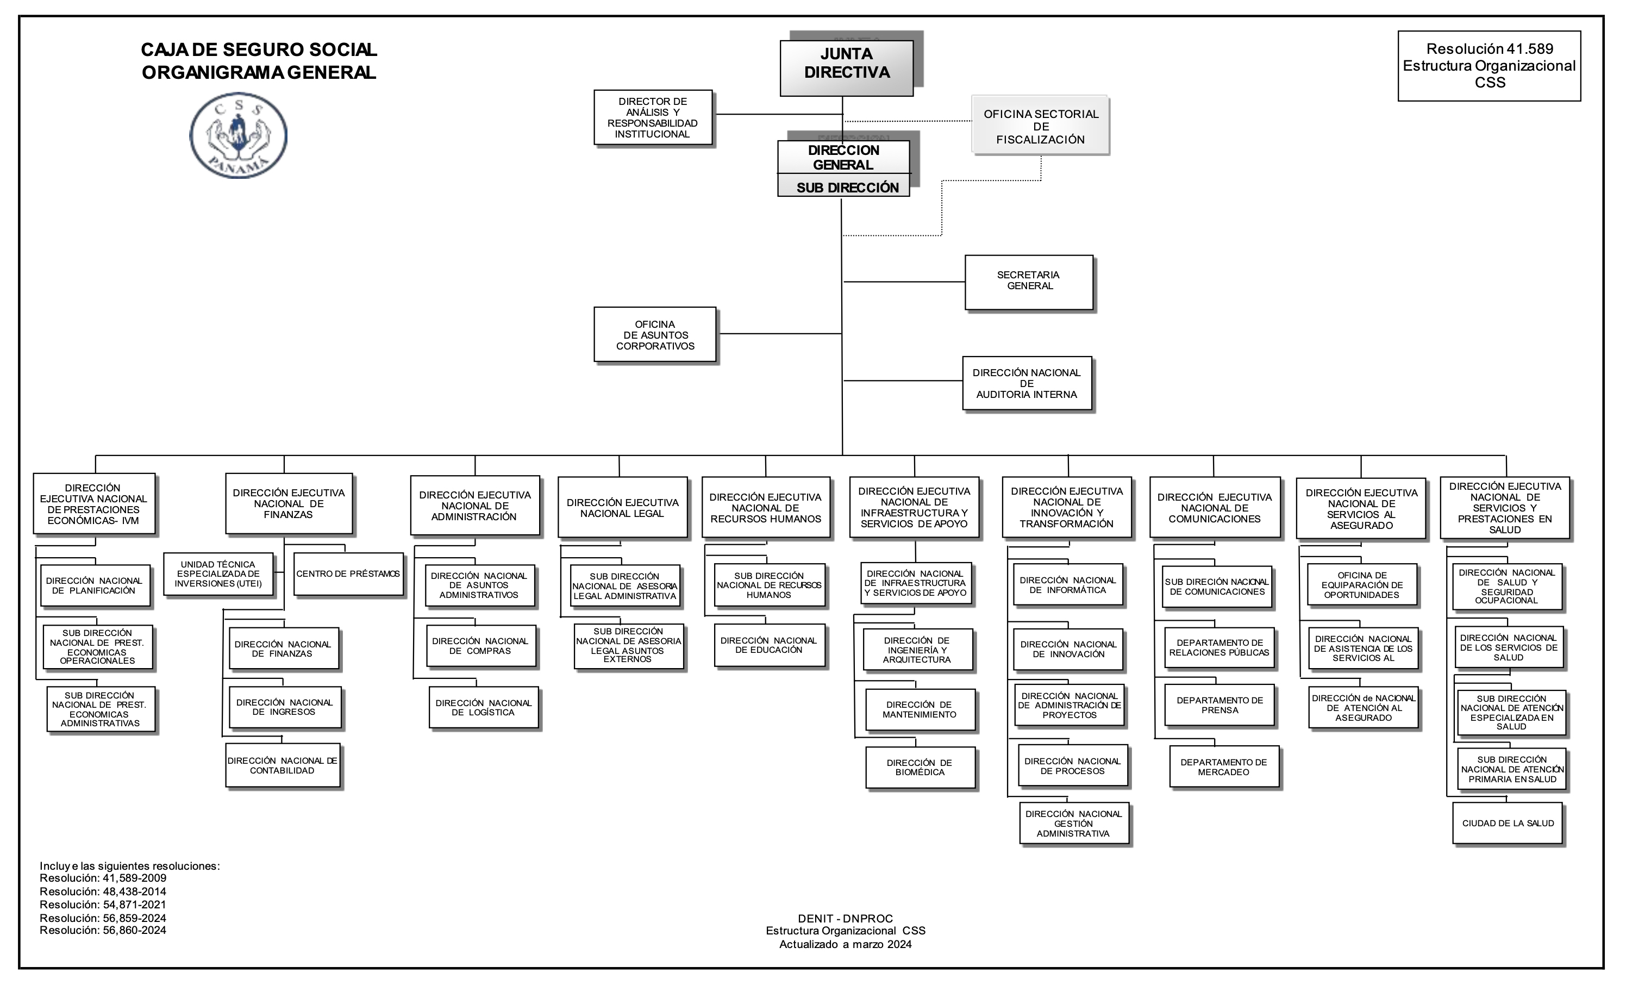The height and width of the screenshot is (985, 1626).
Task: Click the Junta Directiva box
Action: pyautogui.click(x=847, y=68)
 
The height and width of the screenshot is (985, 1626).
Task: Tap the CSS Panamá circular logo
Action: pyautogui.click(x=238, y=135)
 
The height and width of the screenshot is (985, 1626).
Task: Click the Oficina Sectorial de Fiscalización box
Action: pyautogui.click(x=1040, y=126)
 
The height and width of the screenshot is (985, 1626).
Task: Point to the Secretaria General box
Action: pyautogui.click(x=1029, y=283)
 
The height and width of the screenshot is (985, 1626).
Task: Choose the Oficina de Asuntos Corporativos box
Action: pyautogui.click(x=655, y=335)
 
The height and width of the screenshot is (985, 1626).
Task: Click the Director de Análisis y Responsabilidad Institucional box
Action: pyautogui.click(x=653, y=117)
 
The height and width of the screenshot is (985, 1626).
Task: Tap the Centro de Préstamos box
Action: pyautogui.click(x=348, y=573)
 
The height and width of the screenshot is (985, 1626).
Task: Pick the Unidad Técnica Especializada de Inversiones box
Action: pyautogui.click(x=218, y=573)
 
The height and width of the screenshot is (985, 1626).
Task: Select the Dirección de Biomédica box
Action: pyautogui.click(x=920, y=768)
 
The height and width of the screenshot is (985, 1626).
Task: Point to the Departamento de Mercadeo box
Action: pyautogui.click(x=1224, y=767)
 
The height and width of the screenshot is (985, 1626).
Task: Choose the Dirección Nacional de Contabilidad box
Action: pyautogui.click(x=283, y=766)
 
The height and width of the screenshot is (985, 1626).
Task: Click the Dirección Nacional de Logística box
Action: pyautogui.click(x=484, y=708)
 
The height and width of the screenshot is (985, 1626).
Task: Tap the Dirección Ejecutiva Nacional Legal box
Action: pyautogui.click(x=622, y=508)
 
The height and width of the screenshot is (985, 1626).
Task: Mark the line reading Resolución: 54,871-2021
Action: pyautogui.click(x=103, y=905)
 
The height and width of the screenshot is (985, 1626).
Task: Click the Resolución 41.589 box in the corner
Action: pyautogui.click(x=1490, y=65)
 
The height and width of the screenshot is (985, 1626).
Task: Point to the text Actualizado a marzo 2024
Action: pyautogui.click(x=846, y=944)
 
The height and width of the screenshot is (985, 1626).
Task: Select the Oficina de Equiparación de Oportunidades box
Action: pyautogui.click(x=1362, y=585)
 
